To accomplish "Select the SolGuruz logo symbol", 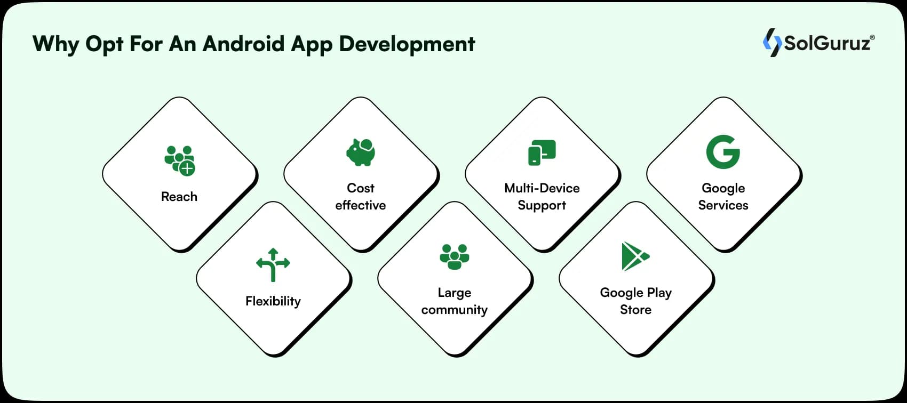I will [x=771, y=43].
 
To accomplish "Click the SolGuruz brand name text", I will [x=828, y=43].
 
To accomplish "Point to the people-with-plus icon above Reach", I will [x=180, y=160].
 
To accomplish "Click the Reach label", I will [x=179, y=197].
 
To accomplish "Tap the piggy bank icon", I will [x=361, y=152].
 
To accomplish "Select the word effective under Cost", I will [x=361, y=205].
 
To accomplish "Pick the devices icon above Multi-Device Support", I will [x=542, y=152].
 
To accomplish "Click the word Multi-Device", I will [x=542, y=188].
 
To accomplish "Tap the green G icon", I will [x=723, y=152].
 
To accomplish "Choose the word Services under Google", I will [x=723, y=205].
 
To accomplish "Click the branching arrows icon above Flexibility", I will [x=273, y=264].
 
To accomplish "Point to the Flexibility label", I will [x=273, y=301].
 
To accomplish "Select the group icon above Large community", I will [x=455, y=256].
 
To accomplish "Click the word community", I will [x=455, y=310].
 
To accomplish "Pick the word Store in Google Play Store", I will [x=635, y=310].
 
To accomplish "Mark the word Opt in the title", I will [x=104, y=44].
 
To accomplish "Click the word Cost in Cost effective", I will [x=361, y=188].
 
